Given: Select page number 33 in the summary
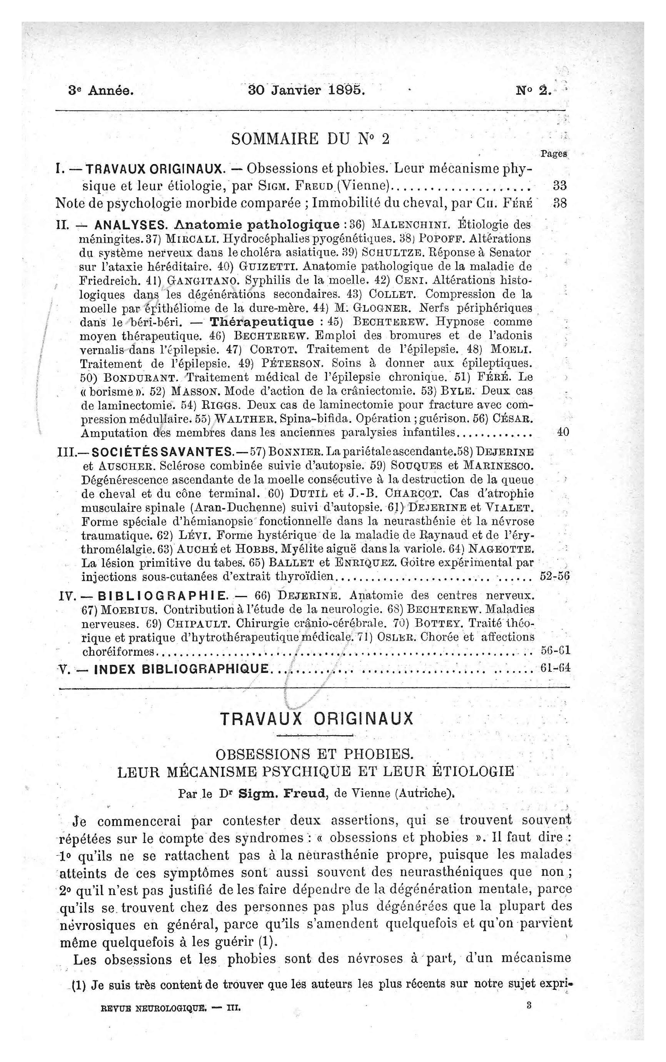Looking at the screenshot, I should click(559, 185).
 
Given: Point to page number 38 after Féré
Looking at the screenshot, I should click(559, 203).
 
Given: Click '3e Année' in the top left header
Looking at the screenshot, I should click(101, 91).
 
